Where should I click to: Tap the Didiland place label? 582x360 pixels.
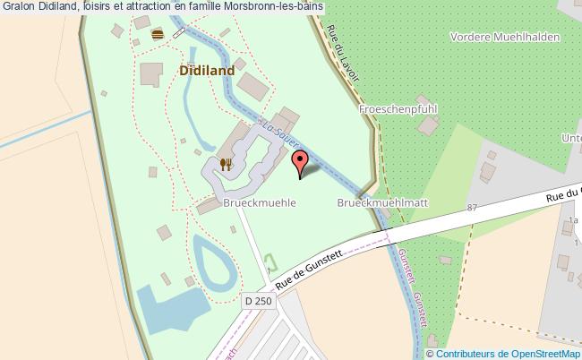click(x=207, y=70)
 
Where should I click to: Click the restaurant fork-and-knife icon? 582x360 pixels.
click(x=227, y=164)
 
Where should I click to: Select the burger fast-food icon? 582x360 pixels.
click(x=158, y=34)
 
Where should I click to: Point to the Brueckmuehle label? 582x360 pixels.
click(x=260, y=203)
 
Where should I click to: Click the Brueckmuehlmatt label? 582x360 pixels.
click(x=382, y=203)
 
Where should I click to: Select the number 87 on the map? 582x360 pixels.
click(x=472, y=208)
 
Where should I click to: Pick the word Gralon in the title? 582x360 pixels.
click(x=19, y=8)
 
